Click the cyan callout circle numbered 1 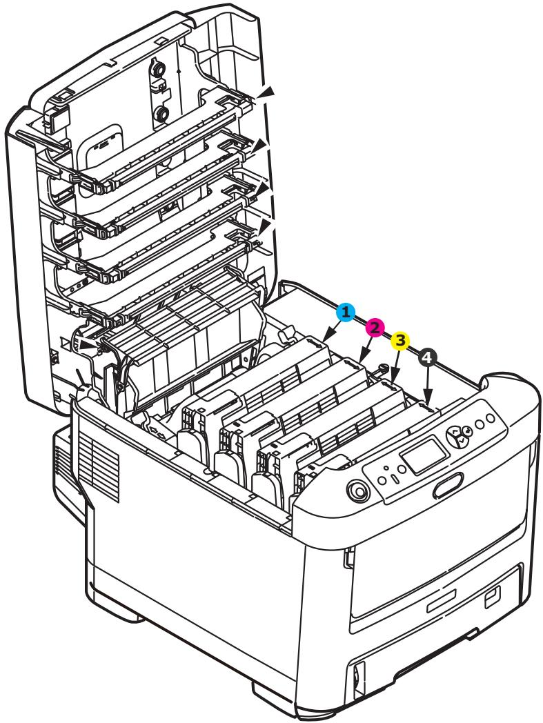(346, 313)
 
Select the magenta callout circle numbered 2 (375, 327)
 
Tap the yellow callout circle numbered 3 (401, 341)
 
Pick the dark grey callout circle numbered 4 (428, 357)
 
